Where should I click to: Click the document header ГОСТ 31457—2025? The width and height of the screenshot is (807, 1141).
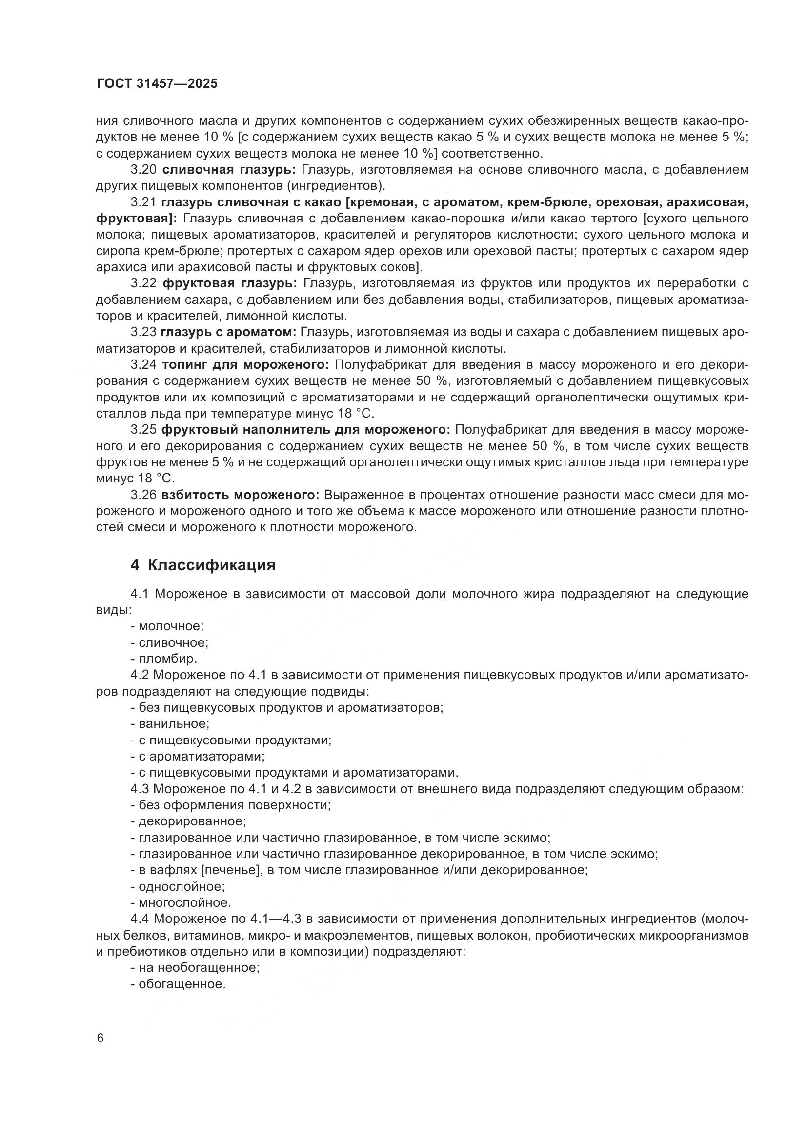coord(157,83)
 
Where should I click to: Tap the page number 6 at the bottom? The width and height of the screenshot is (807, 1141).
coord(101,1038)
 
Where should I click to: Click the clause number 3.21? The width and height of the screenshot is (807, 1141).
coord(143,202)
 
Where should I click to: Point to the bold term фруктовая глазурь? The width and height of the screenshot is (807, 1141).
coord(230,284)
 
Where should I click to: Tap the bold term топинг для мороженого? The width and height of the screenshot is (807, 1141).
coord(245,365)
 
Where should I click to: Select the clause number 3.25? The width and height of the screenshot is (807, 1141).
coord(143,429)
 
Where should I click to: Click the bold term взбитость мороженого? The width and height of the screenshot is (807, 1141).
coord(240,495)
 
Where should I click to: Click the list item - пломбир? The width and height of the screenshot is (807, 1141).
coord(164,659)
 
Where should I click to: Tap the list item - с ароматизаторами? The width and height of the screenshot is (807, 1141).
coord(197,757)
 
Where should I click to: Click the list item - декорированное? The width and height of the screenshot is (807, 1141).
coord(188,821)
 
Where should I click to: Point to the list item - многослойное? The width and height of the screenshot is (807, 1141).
coord(181,902)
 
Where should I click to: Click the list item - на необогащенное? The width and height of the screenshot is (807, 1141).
coord(195,967)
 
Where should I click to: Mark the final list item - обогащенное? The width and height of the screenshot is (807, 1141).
coord(178,984)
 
